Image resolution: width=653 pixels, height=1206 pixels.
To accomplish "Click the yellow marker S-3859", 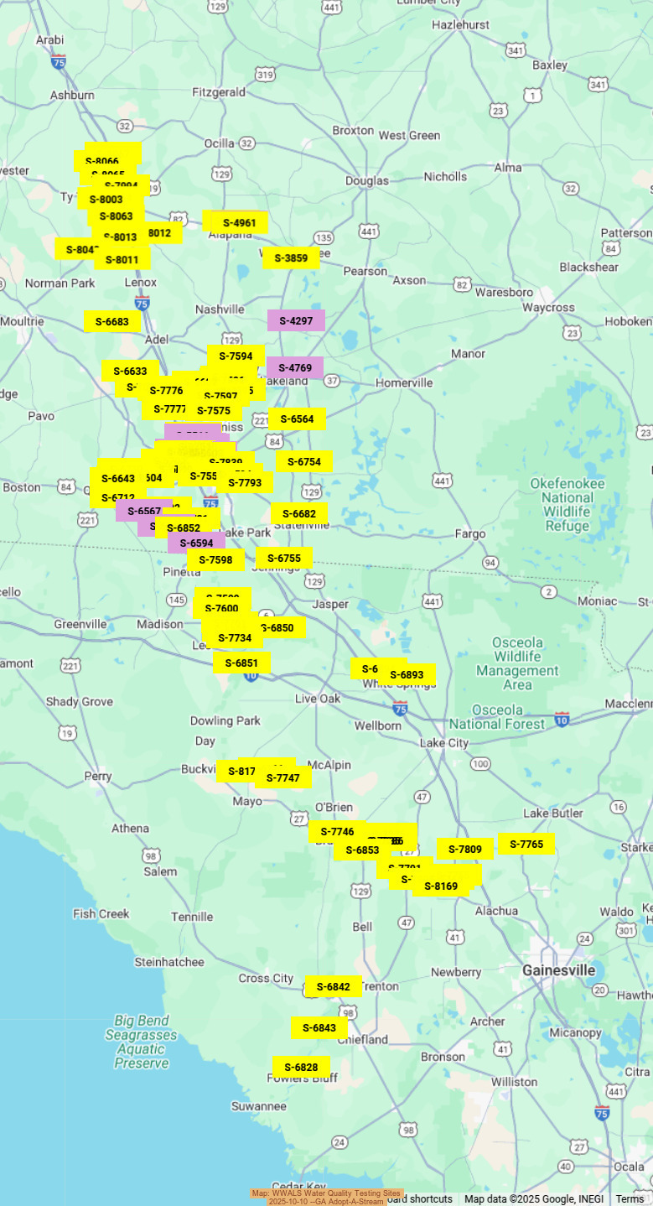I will pyautogui.click(x=291, y=258).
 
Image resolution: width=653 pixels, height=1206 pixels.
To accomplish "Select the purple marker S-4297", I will pyautogui.click(x=296, y=321).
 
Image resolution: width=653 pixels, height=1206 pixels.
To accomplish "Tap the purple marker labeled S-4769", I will pyautogui.click(x=295, y=368).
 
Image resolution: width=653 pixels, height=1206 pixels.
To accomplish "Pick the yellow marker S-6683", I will pyautogui.click(x=111, y=321).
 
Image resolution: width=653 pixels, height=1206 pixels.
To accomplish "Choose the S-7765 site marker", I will pyautogui.click(x=526, y=845).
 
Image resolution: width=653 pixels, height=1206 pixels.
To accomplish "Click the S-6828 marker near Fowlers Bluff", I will pyautogui.click(x=301, y=1068).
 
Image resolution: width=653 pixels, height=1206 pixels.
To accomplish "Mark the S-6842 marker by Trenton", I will pyautogui.click(x=334, y=987).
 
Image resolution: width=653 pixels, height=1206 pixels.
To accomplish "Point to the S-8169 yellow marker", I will pyautogui.click(x=441, y=886).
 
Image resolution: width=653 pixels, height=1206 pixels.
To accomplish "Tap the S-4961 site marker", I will pyautogui.click(x=240, y=223).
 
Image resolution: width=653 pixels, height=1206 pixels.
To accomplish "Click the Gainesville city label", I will pyautogui.click(x=558, y=970).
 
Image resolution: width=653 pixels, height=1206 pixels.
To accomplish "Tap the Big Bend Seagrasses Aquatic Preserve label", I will pyautogui.click(x=142, y=1042).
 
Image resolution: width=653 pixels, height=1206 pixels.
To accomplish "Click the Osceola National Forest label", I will pyautogui.click(x=498, y=723).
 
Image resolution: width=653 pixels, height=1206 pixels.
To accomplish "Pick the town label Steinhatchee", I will pyautogui.click(x=168, y=962).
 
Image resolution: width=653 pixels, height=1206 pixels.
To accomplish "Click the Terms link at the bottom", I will pyautogui.click(x=630, y=1199).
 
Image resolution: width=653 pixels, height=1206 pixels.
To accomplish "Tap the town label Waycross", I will pyautogui.click(x=547, y=308).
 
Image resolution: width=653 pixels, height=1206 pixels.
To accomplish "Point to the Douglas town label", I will pyautogui.click(x=367, y=180).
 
